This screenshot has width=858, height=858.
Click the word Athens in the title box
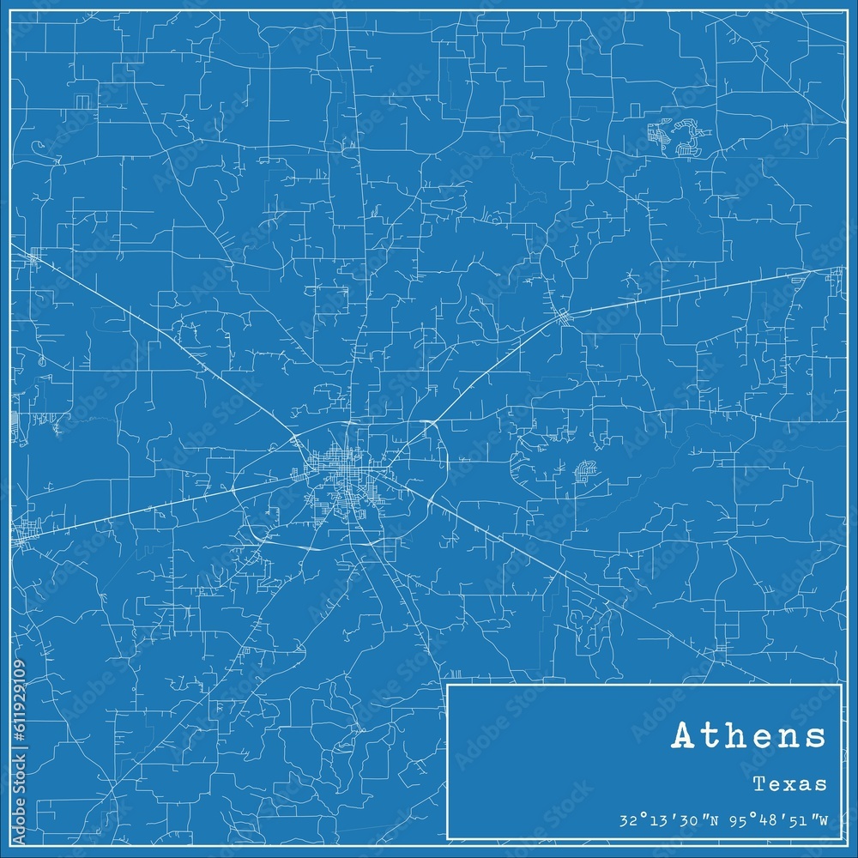click(749, 736)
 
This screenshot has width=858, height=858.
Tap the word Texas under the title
click(790, 783)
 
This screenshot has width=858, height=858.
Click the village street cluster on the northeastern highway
click(563, 318)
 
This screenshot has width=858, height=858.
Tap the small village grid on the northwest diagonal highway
click(34, 257)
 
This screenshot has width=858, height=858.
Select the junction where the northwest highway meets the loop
click(294, 441)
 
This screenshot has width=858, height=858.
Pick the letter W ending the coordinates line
click(823, 819)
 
